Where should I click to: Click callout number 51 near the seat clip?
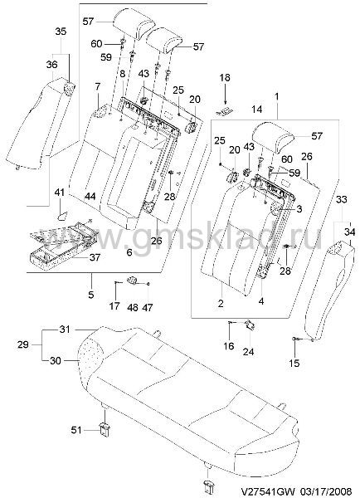[x=76, y=430]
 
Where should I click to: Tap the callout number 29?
[x=23, y=344]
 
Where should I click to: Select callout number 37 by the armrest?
[x=95, y=257]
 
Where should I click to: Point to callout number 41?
[x=60, y=193]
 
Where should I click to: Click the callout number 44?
[x=90, y=197]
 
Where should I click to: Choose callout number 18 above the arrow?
[x=225, y=78]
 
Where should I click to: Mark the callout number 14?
[x=257, y=110]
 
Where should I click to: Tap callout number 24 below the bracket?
[x=248, y=352]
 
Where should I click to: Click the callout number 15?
[x=294, y=363]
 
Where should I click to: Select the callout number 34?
[x=349, y=232]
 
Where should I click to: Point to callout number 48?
[x=133, y=307]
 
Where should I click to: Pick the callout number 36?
[x=51, y=65]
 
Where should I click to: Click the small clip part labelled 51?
[x=105, y=429]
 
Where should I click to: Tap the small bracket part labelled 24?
[x=251, y=325]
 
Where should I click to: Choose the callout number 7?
[x=97, y=86]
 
